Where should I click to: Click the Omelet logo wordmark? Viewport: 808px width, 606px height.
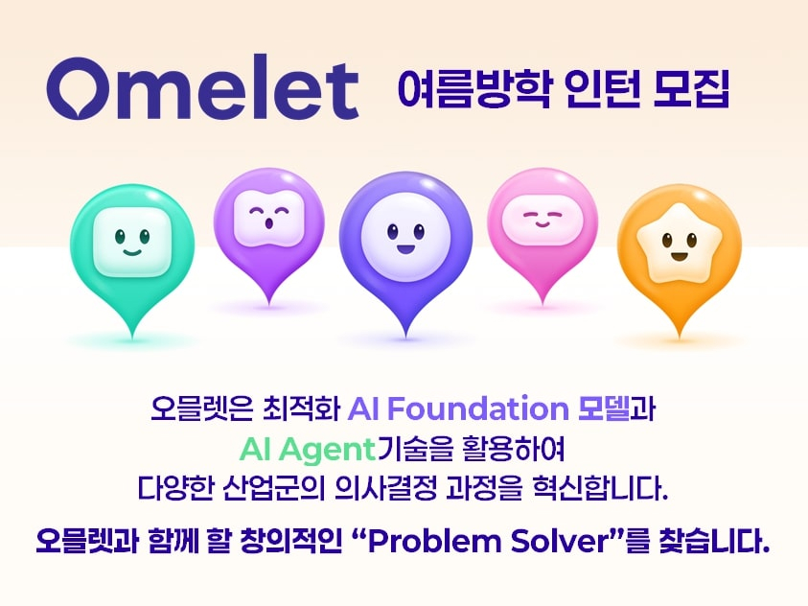(x=202, y=87)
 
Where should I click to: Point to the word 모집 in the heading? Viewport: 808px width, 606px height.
(x=691, y=88)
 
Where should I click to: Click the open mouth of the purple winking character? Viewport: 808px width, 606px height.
(x=268, y=223)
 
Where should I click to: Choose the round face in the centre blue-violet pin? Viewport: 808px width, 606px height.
(x=405, y=237)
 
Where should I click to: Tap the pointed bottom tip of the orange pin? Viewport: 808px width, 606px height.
(x=680, y=338)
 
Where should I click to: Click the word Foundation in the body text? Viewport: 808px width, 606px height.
(x=477, y=408)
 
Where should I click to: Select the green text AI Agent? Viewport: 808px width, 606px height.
(x=307, y=450)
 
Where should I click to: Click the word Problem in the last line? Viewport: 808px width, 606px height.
(x=433, y=541)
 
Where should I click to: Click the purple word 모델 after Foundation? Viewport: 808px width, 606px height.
(x=604, y=408)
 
